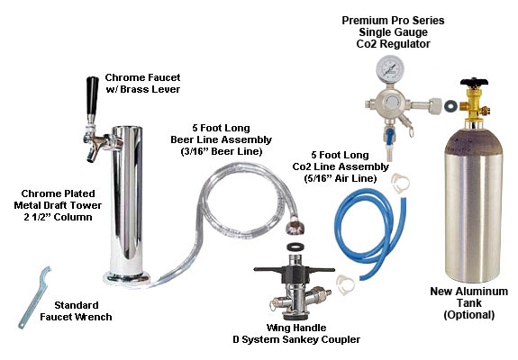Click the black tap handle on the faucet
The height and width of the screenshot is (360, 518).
(x=92, y=95)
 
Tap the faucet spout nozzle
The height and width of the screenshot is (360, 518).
(x=92, y=156)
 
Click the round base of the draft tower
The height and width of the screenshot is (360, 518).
(x=126, y=278)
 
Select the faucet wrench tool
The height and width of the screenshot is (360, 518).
(x=34, y=297)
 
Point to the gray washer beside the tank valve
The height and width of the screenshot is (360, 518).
(x=450, y=106)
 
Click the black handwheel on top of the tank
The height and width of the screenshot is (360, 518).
(x=474, y=82)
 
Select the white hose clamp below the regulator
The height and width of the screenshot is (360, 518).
(x=400, y=182)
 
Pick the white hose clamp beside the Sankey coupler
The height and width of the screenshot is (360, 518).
(x=346, y=284)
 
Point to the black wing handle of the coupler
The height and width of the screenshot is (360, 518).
(x=294, y=270)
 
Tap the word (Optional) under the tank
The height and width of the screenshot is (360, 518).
(x=469, y=314)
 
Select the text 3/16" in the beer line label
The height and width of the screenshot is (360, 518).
(x=195, y=151)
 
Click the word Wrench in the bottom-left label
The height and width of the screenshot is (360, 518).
(x=95, y=317)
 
